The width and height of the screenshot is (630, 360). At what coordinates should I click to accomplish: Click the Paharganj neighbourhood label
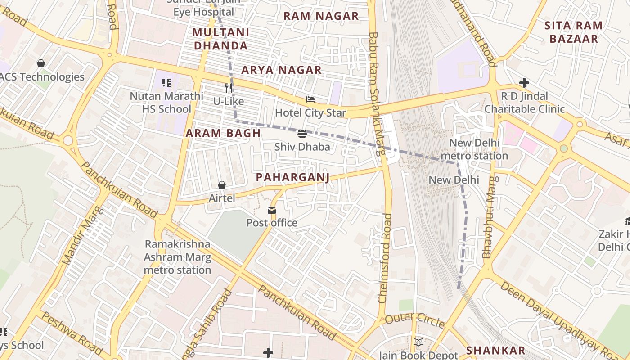(x=292, y=177)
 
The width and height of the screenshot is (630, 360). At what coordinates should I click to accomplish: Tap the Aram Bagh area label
(x=223, y=133)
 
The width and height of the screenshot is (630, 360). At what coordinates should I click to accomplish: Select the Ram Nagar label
(x=321, y=16)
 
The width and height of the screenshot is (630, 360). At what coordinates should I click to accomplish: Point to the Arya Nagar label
(x=281, y=70)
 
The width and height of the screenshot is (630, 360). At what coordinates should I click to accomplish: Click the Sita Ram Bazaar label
(x=573, y=32)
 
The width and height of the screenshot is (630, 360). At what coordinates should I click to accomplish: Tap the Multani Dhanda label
(x=220, y=39)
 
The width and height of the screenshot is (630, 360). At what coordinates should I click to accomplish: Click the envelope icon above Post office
(x=272, y=210)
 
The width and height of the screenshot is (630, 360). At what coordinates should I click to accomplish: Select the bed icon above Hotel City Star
(x=310, y=99)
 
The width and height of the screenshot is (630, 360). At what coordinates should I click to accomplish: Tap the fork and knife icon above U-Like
(x=229, y=88)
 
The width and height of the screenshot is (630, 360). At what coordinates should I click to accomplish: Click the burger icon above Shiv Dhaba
(x=302, y=134)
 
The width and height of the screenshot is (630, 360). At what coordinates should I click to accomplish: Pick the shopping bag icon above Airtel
(x=221, y=185)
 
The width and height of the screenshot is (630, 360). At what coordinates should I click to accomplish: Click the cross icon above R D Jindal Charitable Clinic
(x=524, y=83)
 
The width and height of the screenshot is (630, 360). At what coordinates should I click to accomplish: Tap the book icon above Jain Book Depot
(x=418, y=342)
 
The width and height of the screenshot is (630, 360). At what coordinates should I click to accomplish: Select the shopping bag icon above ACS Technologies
(x=41, y=63)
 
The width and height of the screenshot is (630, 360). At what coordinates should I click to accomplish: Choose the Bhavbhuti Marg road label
(x=490, y=217)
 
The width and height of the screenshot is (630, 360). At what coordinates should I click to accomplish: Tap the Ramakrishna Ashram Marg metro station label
(x=177, y=257)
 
